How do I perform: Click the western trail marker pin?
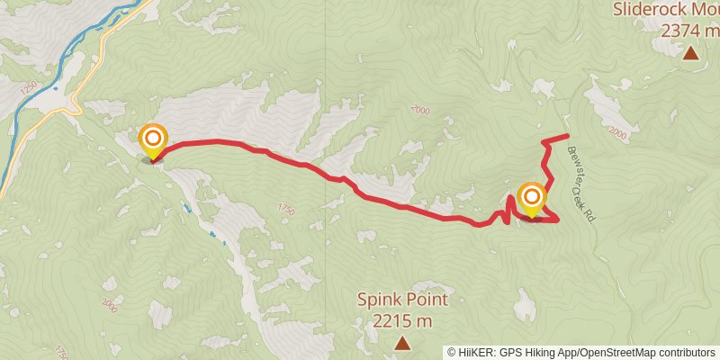tap(153, 140)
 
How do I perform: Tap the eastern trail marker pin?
tap(532, 198)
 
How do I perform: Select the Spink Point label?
tap(401, 300)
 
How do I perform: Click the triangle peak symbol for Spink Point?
tap(401, 342)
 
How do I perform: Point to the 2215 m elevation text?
tap(401, 319)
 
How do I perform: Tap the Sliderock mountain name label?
tap(665, 10)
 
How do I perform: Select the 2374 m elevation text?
tap(689, 30)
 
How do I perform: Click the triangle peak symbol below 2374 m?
tap(690, 53)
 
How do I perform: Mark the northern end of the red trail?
tap(568, 136)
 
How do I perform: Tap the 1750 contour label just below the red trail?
tap(286, 209)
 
